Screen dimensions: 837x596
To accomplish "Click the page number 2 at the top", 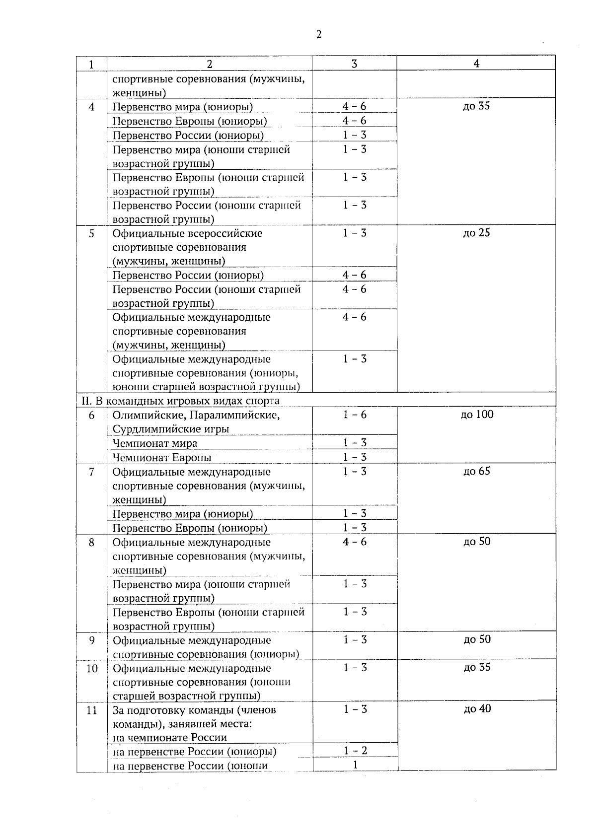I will point(318,34).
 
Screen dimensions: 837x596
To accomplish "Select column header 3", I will point(354,64).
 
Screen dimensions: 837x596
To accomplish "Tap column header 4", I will point(476,64).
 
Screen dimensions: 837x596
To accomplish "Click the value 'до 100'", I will point(477,415).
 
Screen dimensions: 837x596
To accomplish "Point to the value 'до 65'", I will point(477,471).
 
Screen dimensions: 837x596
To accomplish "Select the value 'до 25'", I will point(477,233).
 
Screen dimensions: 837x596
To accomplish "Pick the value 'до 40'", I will point(477,709).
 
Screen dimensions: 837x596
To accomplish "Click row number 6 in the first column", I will point(91,415).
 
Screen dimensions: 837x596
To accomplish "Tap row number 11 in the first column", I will point(92,710).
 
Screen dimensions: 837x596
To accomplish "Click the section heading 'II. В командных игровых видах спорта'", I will point(180,401).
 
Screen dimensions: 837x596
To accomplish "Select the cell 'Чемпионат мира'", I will point(155,443).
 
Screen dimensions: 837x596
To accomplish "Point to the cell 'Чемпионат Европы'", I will point(162,457).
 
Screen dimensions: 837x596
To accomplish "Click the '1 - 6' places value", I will point(355,415).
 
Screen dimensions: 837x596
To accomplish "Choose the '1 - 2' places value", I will point(355,751).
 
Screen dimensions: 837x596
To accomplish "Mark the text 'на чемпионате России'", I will point(170,738).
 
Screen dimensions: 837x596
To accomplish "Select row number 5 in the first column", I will point(91,233).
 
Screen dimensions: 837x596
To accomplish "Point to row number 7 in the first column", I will point(91,472).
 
